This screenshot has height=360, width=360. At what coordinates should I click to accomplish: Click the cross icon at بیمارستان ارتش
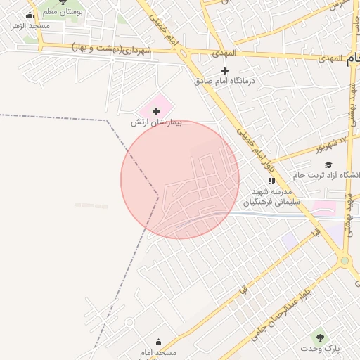(156, 111)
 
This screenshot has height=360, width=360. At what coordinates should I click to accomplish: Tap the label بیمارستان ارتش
(156, 122)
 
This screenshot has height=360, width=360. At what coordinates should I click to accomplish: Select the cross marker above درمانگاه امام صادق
(224, 70)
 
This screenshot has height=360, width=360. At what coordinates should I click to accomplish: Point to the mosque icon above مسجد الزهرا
(30, 15)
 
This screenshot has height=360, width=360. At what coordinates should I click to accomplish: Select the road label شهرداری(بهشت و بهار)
(112, 49)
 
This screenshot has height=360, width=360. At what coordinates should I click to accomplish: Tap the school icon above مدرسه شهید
(271, 180)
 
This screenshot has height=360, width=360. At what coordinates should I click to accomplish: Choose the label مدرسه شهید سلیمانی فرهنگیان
(271, 196)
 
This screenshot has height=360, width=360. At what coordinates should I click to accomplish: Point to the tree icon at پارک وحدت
(321, 337)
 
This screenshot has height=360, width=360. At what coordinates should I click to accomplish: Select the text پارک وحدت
(321, 349)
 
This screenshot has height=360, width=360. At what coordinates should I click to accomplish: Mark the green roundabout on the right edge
(345, 261)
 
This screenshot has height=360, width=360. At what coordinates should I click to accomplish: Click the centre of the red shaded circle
(180, 179)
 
